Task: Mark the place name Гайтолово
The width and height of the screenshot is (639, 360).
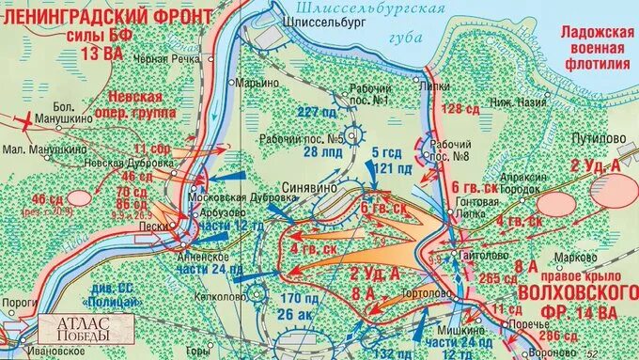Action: (x=479, y=255)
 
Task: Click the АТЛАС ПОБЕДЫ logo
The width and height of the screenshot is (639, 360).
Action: (x=73, y=328)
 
